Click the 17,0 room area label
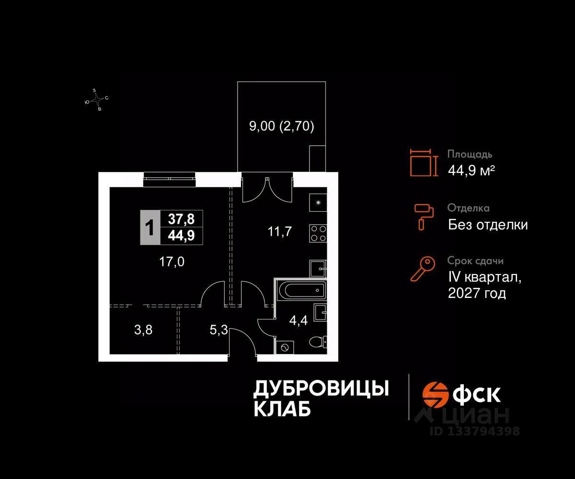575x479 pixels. (171, 262)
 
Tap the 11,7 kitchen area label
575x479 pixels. (279, 232)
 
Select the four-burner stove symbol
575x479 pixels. (318, 233)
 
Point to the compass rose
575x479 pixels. (97, 100)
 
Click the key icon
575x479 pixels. (423, 269)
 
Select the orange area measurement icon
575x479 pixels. (424, 162)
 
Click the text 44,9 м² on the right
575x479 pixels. (471, 170)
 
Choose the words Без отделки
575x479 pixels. (488, 224)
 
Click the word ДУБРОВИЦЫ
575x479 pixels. (321, 388)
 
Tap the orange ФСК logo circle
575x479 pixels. (436, 394)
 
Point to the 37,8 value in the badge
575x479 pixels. (181, 219)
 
